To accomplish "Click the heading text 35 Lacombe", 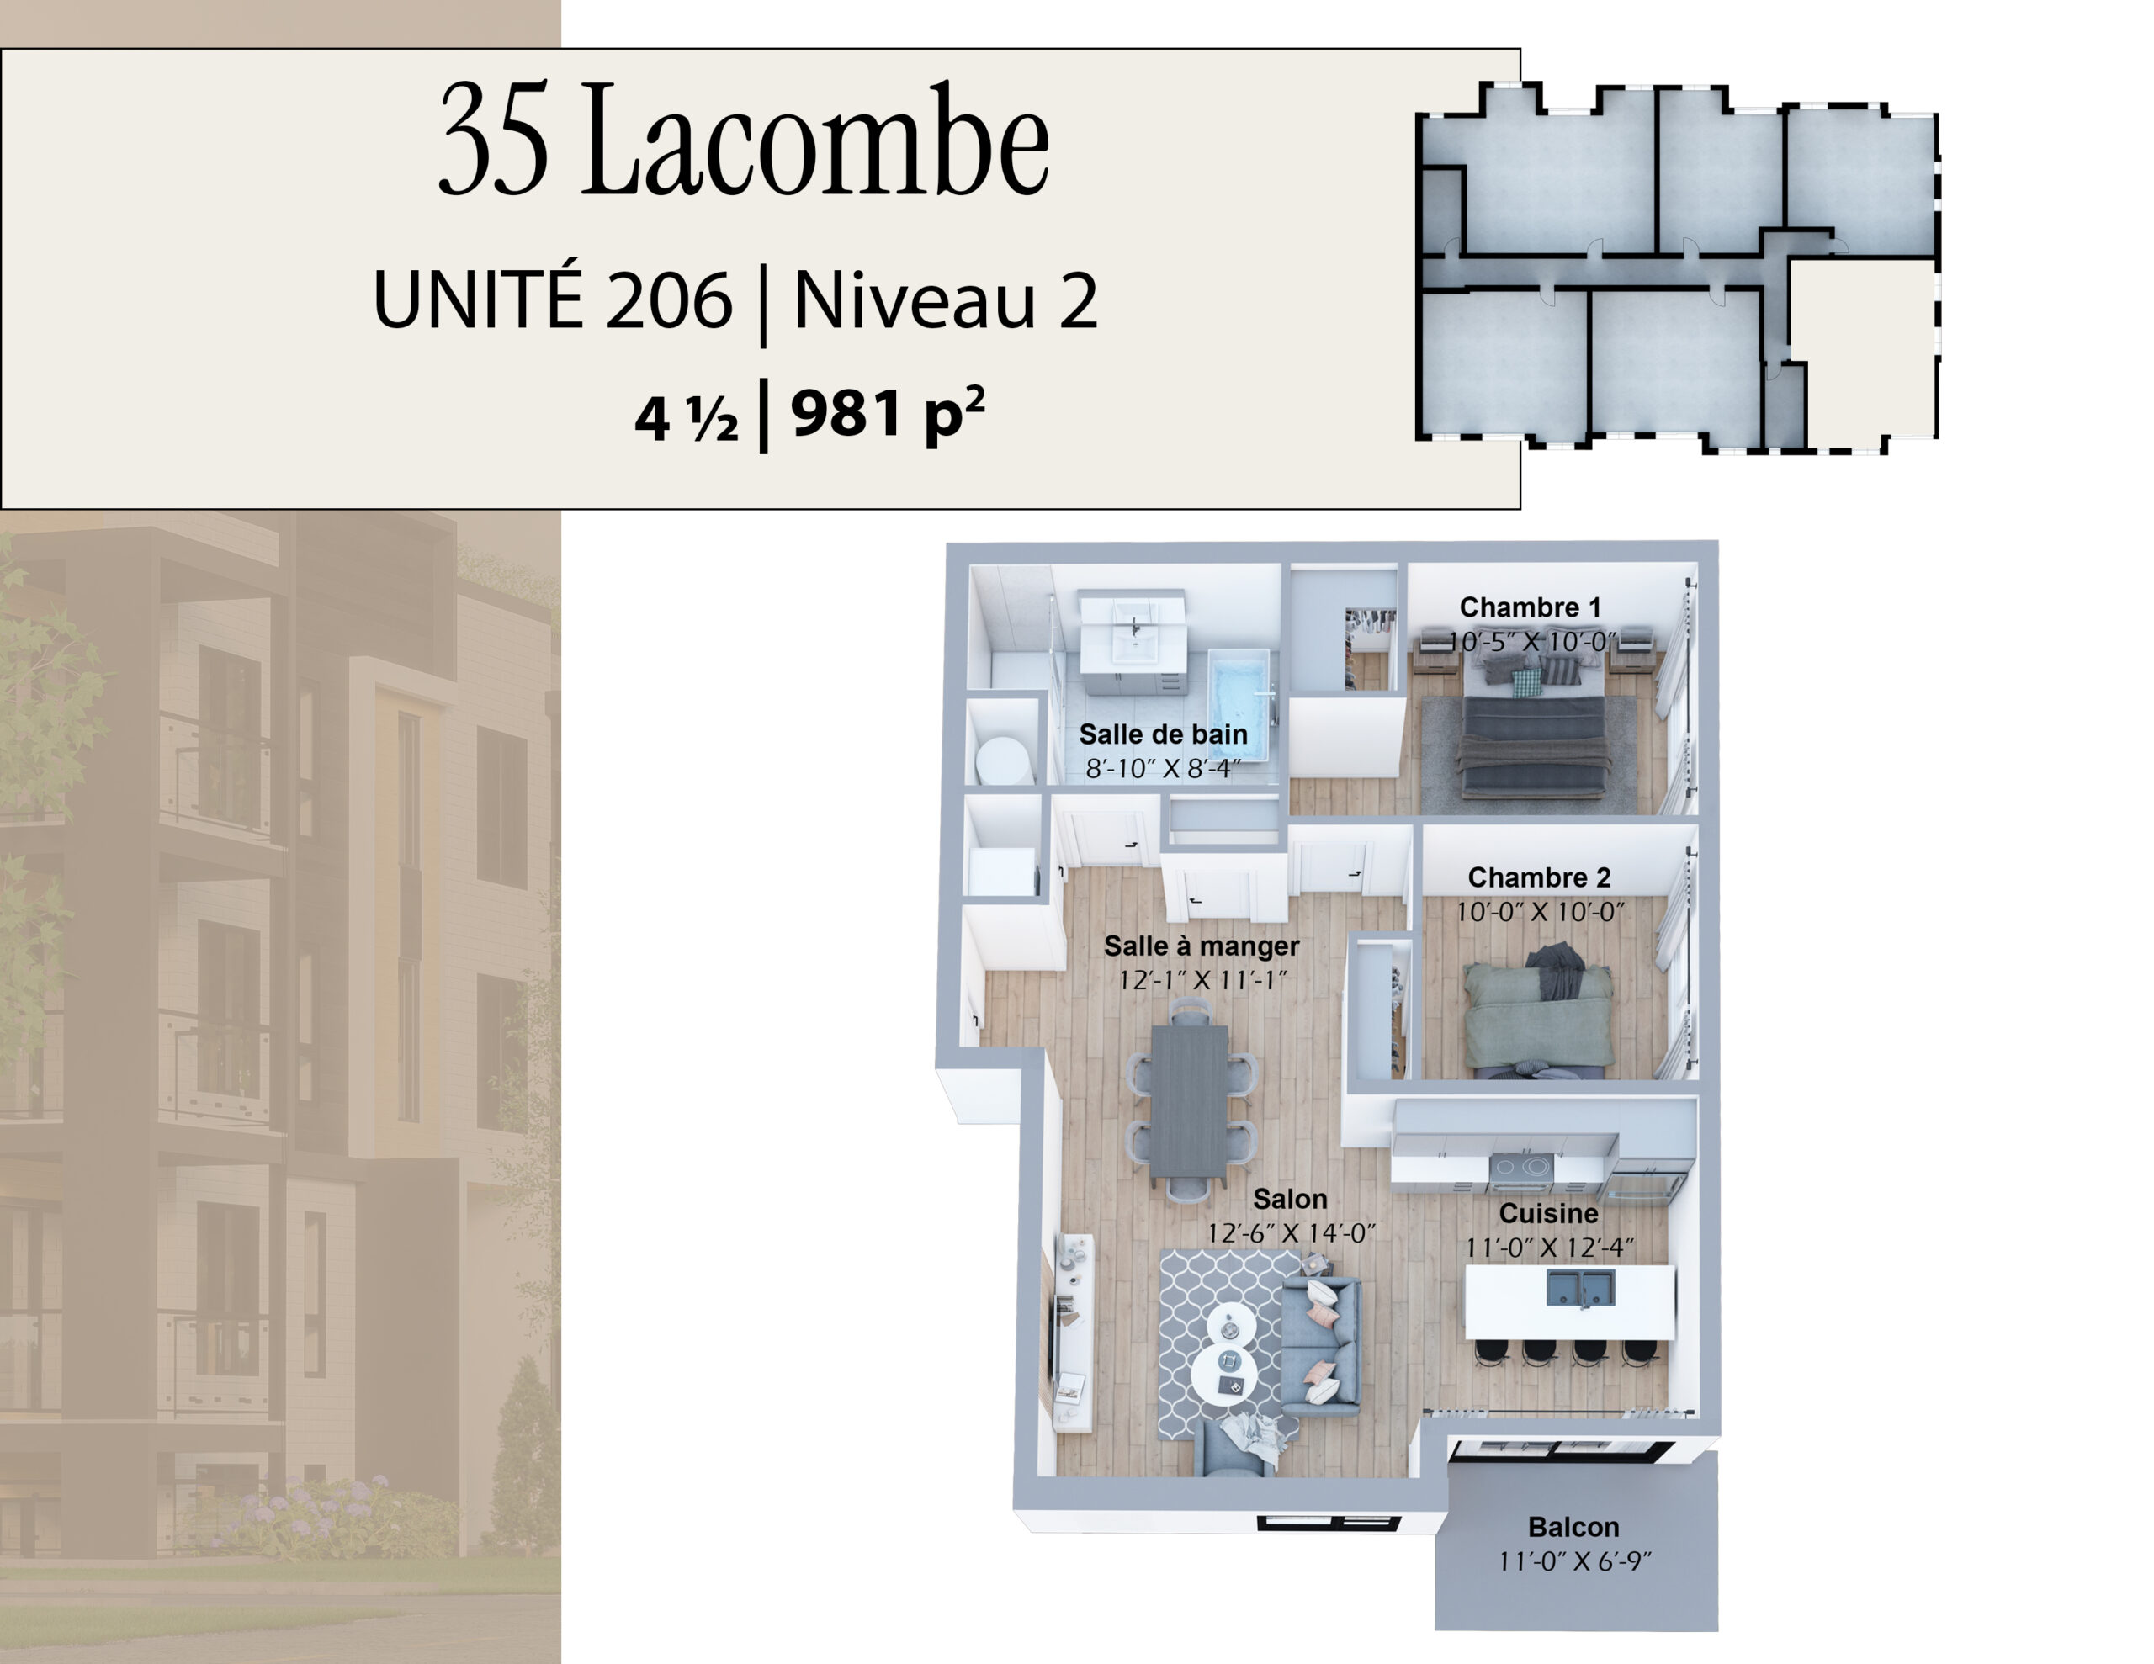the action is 744,139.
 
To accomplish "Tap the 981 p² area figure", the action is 888,412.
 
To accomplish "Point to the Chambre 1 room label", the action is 1530,607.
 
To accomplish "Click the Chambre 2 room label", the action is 1539,877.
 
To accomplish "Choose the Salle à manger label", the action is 1202,946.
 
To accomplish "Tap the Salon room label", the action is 1290,1199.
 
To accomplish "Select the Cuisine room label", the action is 1548,1213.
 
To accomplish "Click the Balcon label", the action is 1573,1527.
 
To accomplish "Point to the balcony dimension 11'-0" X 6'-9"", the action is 1574,1561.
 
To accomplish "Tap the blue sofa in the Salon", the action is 1319,1346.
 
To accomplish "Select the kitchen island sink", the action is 1580,1288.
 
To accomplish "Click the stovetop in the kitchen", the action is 1520,1169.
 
